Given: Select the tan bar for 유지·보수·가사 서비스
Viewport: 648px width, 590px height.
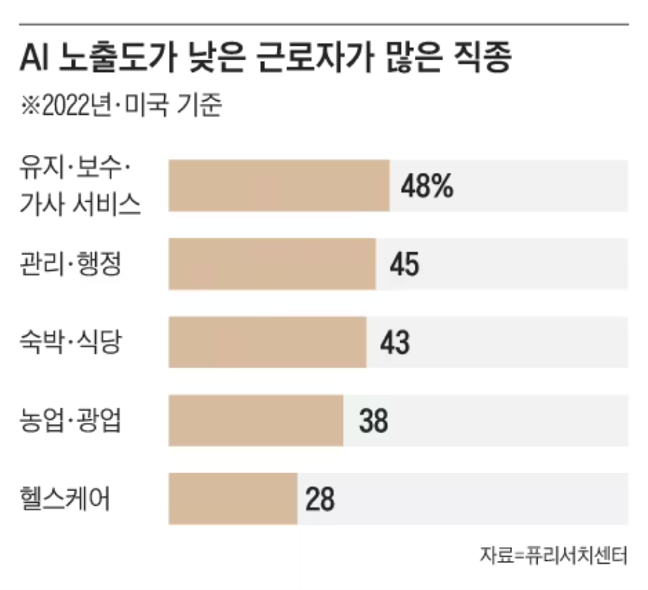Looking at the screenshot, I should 279,185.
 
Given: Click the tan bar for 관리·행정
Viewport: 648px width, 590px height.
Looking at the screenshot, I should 272,264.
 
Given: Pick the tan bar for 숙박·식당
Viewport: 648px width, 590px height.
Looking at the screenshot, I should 267,342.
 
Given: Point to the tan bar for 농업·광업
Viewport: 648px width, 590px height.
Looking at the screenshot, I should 256,421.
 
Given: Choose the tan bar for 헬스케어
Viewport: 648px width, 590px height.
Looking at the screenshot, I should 233,499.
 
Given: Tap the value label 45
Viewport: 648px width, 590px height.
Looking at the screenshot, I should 404,264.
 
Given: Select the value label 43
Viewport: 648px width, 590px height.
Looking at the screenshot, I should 394,343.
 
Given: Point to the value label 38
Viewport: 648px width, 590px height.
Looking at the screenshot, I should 373,421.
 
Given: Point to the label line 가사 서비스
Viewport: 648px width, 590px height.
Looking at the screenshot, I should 81,206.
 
